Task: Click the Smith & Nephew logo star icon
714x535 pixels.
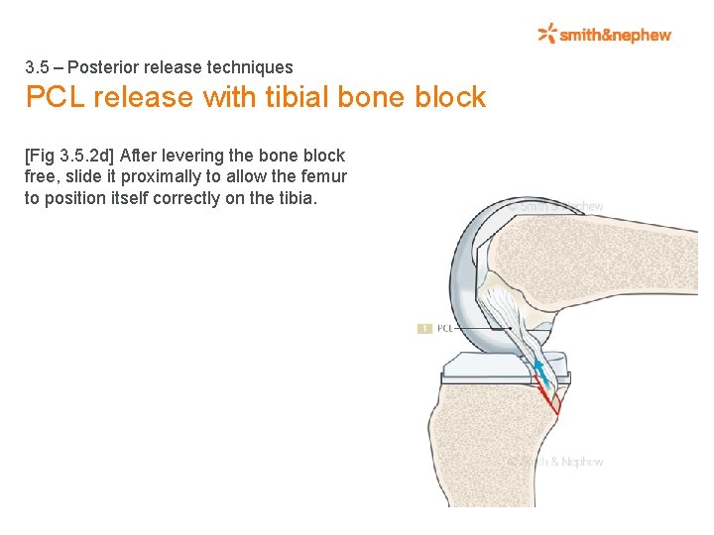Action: (x=547, y=35)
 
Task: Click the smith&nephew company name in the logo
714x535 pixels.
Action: (x=616, y=36)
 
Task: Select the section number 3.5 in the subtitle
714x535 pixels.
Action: (x=37, y=67)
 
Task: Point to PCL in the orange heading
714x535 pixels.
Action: (x=56, y=97)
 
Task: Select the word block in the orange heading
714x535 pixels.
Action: (x=451, y=97)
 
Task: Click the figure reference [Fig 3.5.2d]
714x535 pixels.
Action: (x=68, y=156)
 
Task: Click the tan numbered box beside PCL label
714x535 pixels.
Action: (x=423, y=328)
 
